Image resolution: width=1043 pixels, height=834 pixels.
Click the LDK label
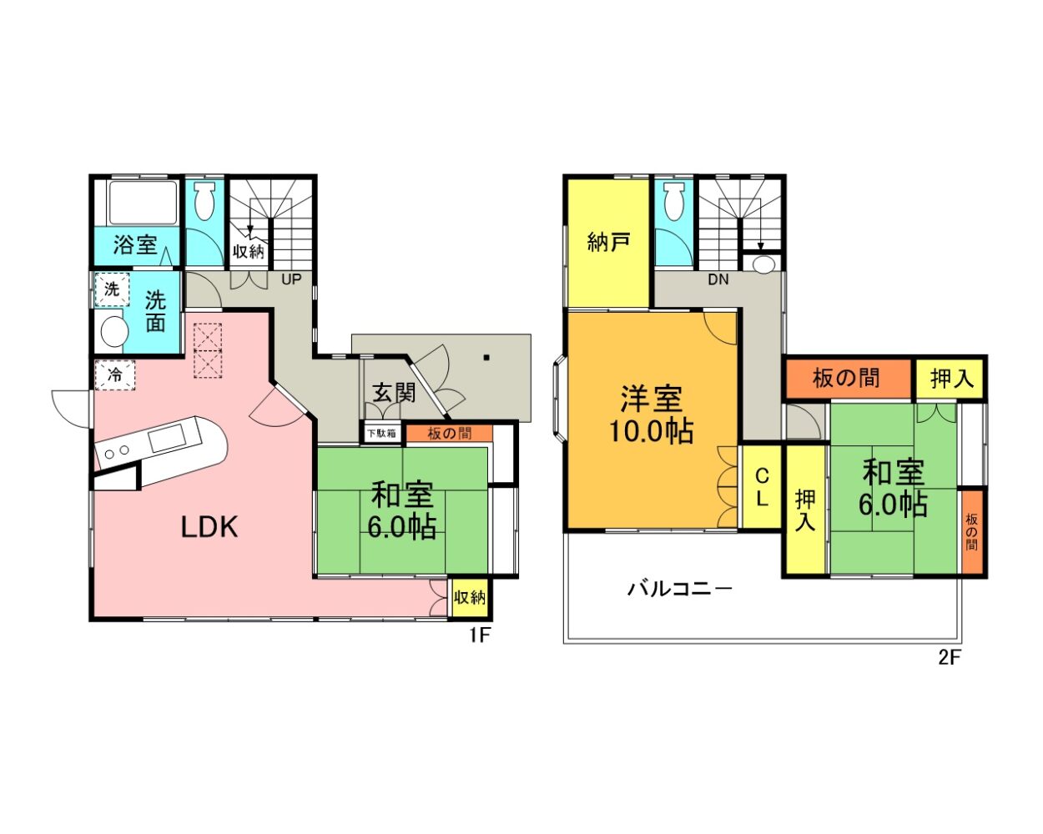209,527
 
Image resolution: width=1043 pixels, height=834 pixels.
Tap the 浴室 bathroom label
136,244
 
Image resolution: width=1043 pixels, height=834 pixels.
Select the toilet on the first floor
205,201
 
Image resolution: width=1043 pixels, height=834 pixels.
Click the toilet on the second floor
673,201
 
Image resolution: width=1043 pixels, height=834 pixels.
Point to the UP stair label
291,279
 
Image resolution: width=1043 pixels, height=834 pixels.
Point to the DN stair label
718,279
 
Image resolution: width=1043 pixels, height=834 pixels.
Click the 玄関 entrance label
394,393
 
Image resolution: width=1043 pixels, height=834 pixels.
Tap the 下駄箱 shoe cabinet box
381,433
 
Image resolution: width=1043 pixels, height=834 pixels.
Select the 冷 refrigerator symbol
115,375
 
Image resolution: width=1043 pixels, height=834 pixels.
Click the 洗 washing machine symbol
112,289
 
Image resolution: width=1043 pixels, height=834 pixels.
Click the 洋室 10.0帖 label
651,414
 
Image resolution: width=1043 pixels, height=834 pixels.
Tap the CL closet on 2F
762,487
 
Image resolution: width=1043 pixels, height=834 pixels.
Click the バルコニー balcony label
679,590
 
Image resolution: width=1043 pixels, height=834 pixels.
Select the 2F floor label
950,657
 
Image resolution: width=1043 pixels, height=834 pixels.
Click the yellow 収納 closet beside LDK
469,598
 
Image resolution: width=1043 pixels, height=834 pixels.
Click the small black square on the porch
486,358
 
